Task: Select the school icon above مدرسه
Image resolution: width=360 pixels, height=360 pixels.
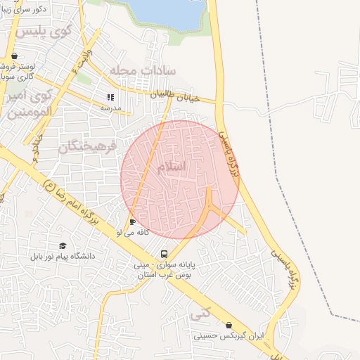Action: coord(110,98)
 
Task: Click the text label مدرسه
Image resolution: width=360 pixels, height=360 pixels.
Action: coord(110,108)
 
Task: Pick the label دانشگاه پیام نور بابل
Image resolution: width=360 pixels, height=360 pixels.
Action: coord(63,256)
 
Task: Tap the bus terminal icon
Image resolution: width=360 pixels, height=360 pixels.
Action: coord(164,254)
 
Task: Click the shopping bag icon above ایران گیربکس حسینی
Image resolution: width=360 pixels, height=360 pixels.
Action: coord(229,325)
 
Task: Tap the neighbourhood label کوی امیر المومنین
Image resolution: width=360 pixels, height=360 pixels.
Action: coord(28,103)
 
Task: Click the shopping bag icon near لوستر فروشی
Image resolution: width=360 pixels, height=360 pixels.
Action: coord(14,56)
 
